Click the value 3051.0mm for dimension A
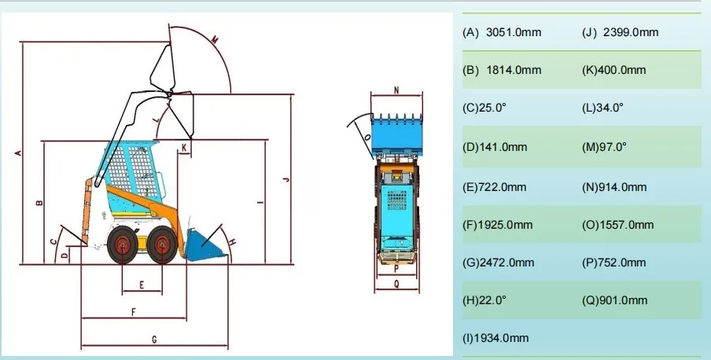(x=514, y=32)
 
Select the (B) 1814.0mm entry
(x=502, y=70)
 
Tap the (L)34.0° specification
(x=602, y=108)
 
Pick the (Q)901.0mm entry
(x=614, y=300)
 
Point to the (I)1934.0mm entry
(x=495, y=338)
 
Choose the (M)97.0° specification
(x=604, y=147)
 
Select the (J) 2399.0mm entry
(x=620, y=32)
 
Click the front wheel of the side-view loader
(x=162, y=244)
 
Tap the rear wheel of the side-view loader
(x=123, y=244)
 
